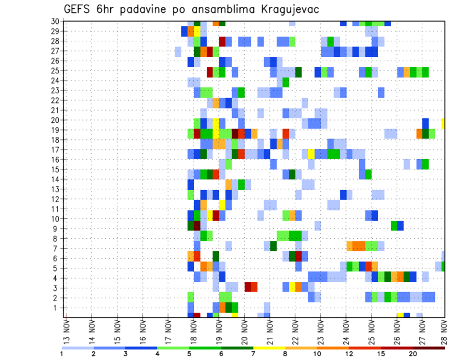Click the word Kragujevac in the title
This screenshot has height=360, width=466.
pyautogui.click(x=289, y=10)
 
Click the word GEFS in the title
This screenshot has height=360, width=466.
pyautogui.click(x=78, y=10)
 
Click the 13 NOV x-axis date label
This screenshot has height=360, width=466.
pyautogui.click(x=66, y=331)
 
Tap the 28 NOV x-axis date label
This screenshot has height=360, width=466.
pyautogui.click(x=445, y=331)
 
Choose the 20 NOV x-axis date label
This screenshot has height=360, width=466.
pyautogui.click(x=243, y=331)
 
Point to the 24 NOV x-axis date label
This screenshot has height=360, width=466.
pyautogui.click(x=344, y=331)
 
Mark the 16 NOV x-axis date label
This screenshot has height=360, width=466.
pyautogui.click(x=142, y=331)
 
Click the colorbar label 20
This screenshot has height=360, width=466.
pyautogui.click(x=413, y=354)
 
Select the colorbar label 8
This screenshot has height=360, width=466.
pyautogui.click(x=285, y=354)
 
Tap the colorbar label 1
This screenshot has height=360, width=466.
pyautogui.click(x=62, y=354)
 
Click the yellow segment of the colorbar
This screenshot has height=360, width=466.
pyautogui.click(x=269, y=348)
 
